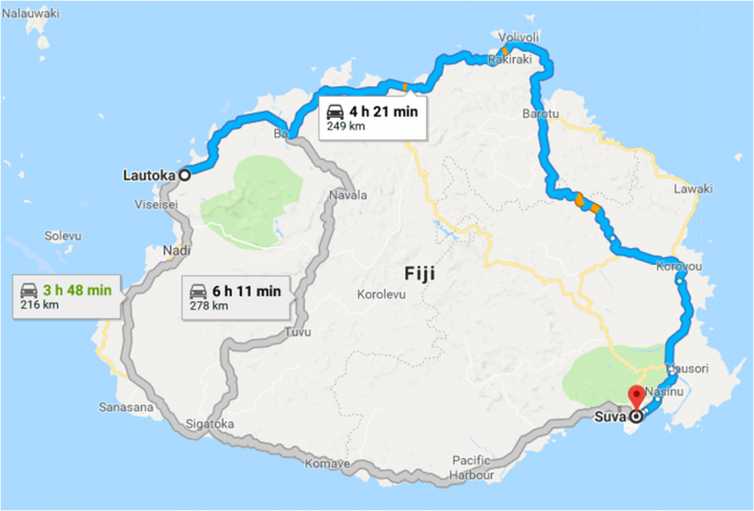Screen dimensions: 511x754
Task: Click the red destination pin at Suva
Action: point(635,398)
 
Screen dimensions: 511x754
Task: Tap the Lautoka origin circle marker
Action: point(183,176)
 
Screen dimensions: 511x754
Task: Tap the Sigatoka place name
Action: point(210,424)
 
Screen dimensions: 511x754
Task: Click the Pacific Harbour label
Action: point(478,466)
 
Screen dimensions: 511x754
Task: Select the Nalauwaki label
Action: point(29,14)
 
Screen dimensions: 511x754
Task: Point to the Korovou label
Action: point(678,267)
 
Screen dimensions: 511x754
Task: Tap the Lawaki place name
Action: point(693,188)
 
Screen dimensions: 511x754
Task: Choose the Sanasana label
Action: point(126,406)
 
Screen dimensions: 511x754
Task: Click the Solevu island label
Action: point(64,236)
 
